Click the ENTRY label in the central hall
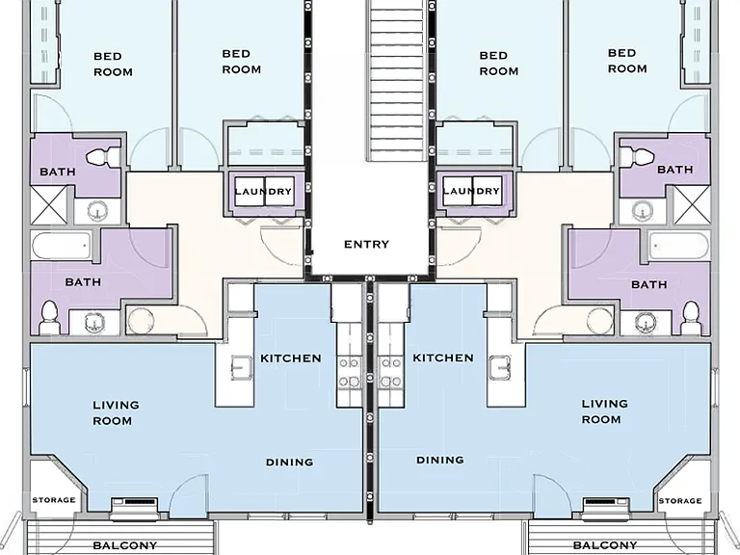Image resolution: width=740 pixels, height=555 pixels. click(x=366, y=245)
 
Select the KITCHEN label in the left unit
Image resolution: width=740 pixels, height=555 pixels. click(x=291, y=358)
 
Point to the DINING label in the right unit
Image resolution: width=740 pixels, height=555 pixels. click(x=439, y=460)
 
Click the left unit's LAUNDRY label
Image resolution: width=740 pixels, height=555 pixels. click(x=263, y=191)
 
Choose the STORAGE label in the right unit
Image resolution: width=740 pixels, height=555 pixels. click(x=680, y=501)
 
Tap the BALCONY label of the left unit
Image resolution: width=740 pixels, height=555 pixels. click(x=124, y=545)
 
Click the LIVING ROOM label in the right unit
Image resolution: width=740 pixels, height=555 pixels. click(x=603, y=411)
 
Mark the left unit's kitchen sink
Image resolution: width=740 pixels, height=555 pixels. click(x=241, y=368)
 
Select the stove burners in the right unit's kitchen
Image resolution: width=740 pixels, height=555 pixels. click(x=391, y=372)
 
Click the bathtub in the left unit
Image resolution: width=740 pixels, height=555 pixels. click(x=62, y=246)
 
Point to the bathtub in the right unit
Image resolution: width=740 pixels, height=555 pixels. click(x=679, y=246)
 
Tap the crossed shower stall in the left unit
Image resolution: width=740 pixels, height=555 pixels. click(x=49, y=205)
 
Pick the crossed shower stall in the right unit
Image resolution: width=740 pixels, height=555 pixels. click(x=692, y=205)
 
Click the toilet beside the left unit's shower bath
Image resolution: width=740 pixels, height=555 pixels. click(x=103, y=156)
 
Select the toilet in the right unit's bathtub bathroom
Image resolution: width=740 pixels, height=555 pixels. click(x=691, y=316)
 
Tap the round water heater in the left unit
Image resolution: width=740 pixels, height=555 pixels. click(x=141, y=321)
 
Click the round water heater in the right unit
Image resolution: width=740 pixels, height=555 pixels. click(x=600, y=321)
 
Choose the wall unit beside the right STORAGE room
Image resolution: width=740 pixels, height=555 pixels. click(x=606, y=506)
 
